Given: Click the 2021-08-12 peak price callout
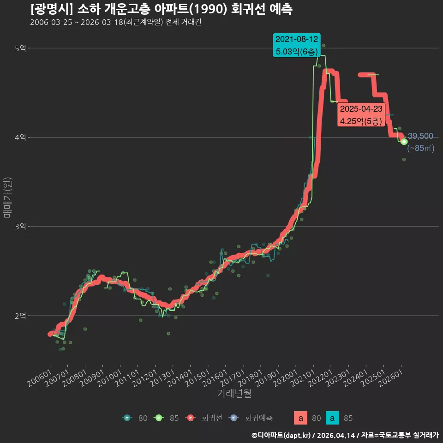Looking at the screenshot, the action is (x=297, y=45).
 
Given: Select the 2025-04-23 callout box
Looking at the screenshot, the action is (x=361, y=115).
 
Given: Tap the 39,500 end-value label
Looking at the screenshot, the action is (x=420, y=136).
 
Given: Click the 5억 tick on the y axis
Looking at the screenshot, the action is (x=20, y=48).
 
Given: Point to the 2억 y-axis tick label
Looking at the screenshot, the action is (x=20, y=316).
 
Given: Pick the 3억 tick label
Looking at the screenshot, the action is (x=20, y=226).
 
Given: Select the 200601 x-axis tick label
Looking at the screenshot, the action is (x=39, y=378).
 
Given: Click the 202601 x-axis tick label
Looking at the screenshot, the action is (x=390, y=378).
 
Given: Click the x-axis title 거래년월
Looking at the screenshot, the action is (x=234, y=393).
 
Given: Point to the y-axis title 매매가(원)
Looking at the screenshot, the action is (x=7, y=198).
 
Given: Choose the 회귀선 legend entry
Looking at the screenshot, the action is (x=204, y=418).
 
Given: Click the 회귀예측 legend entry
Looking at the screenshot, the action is (x=250, y=418).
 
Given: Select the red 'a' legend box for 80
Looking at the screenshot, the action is (x=300, y=418).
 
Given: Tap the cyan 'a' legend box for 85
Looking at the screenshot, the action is (x=332, y=418).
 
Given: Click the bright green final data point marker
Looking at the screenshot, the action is (x=404, y=142).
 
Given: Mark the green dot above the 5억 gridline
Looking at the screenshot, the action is (x=323, y=46).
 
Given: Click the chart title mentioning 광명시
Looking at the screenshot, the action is (x=162, y=9).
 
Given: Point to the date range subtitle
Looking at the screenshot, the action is (x=115, y=22).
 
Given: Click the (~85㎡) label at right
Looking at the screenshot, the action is (x=421, y=148).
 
